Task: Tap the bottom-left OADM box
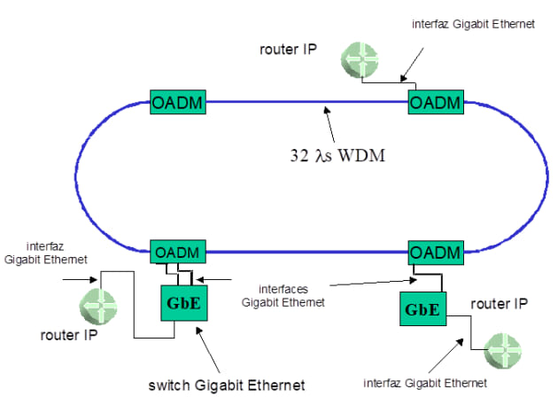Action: [x=178, y=253]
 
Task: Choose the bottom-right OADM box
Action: [x=435, y=253]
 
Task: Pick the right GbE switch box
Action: [x=422, y=311]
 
